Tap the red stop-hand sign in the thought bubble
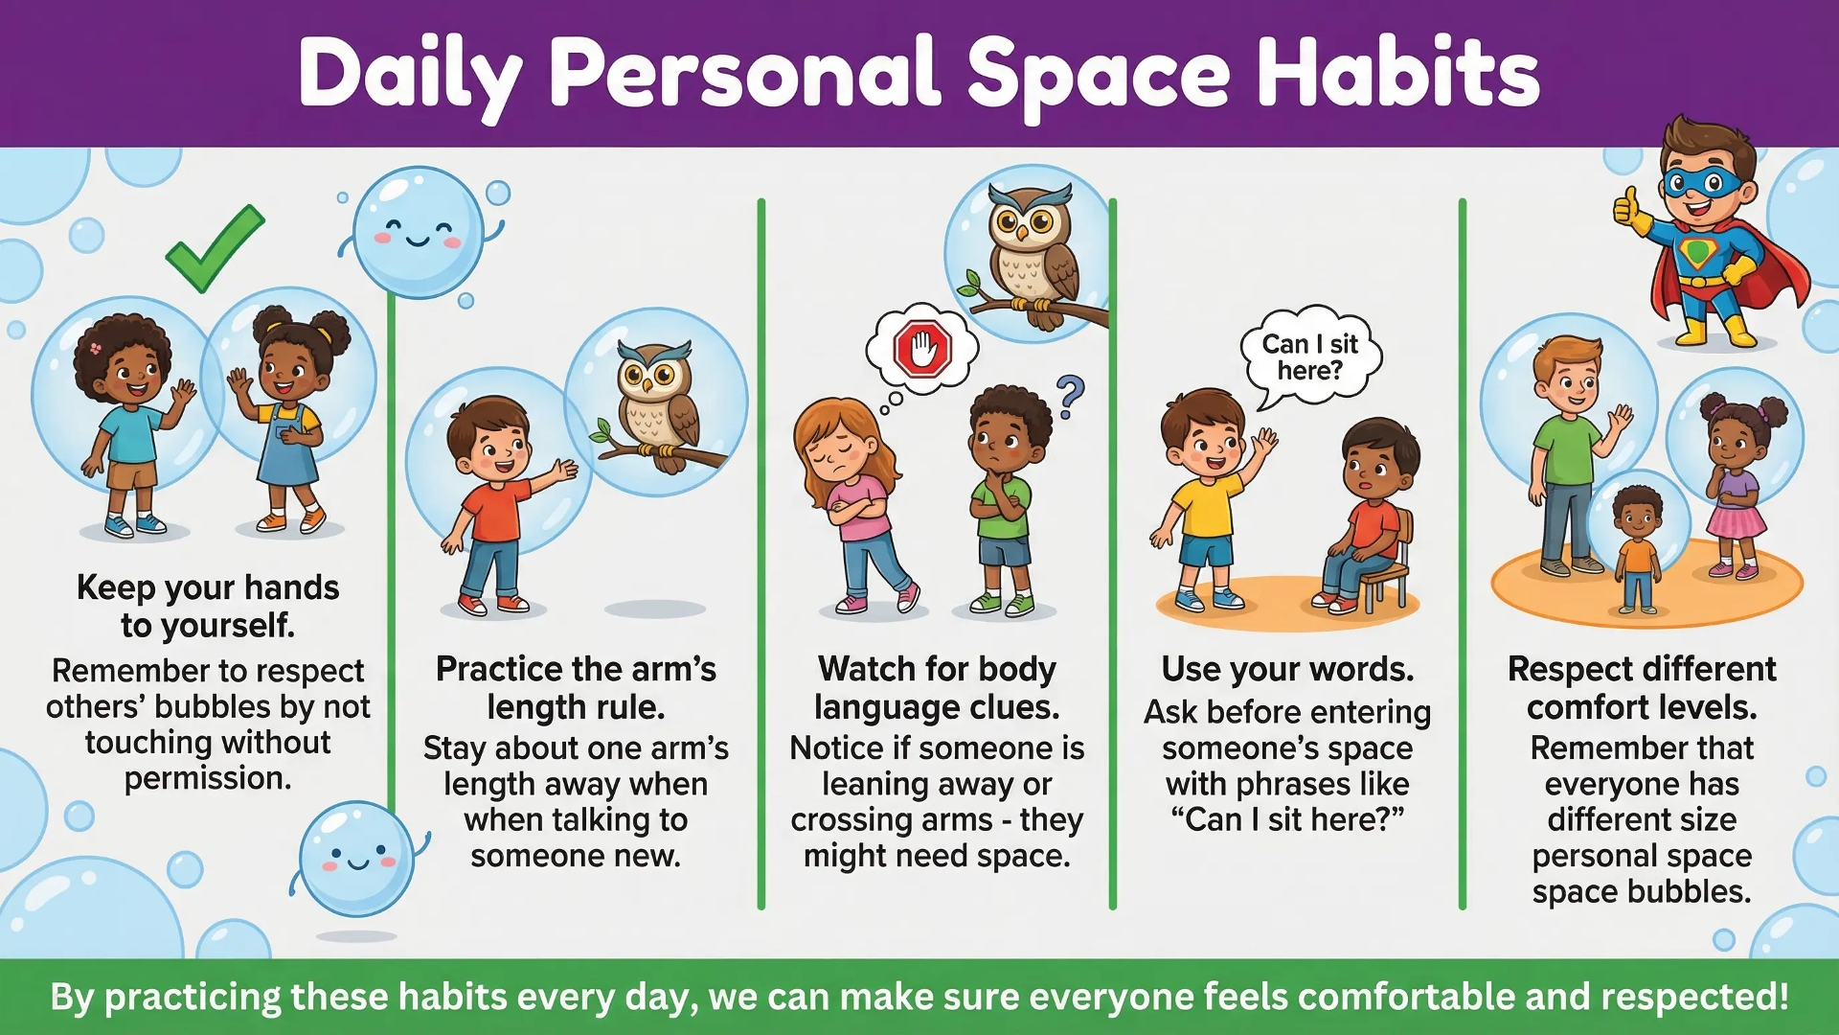coord(922,348)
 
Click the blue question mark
coord(1071,396)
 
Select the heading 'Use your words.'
coord(1287,669)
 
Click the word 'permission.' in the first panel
coord(208,779)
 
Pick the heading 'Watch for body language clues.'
coord(937,688)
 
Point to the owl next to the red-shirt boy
coord(655,402)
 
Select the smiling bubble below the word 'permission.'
coord(356,858)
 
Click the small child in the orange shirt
coord(1638,546)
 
